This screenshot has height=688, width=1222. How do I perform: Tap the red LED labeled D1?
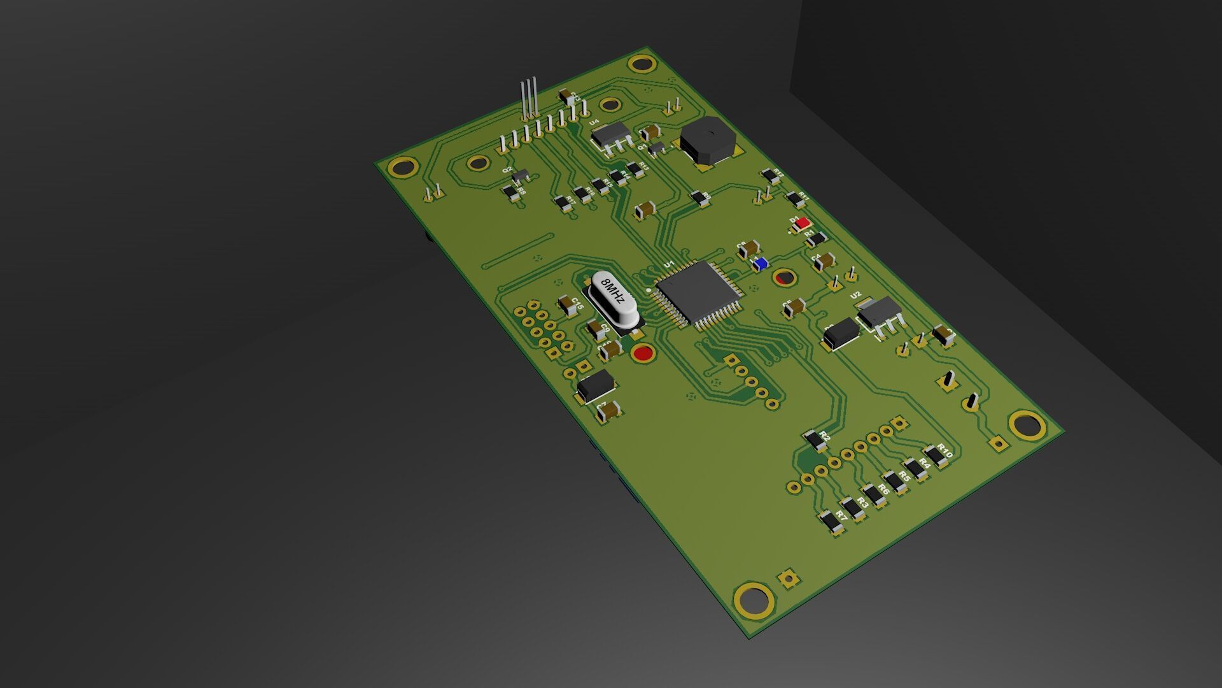click(803, 223)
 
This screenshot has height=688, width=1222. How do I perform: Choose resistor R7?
click(831, 521)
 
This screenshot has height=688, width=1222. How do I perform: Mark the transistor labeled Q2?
click(520, 175)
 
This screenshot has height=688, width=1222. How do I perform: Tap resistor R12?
click(769, 175)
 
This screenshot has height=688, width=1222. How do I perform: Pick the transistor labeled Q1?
click(657, 148)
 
